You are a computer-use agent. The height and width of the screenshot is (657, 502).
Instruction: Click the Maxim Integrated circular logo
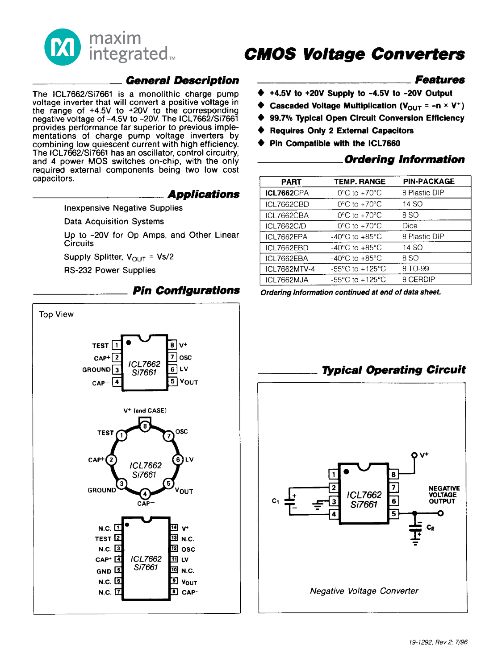63,47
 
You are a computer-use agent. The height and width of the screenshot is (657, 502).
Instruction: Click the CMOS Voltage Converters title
354,54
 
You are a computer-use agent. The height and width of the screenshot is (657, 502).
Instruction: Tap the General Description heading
182,81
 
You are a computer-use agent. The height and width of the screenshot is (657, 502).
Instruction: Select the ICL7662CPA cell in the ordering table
287,193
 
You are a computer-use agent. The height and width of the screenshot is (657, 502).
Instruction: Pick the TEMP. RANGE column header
360,182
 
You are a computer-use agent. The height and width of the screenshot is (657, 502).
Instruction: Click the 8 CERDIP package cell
418,280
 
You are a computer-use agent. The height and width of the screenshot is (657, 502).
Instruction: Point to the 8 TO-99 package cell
415,269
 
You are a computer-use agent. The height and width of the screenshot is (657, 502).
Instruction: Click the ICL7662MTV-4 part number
290,269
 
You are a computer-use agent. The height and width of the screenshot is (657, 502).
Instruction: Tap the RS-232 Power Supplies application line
110,270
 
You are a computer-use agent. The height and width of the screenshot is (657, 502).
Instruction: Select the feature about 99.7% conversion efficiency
367,118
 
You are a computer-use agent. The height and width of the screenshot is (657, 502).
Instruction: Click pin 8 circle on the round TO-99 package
145,426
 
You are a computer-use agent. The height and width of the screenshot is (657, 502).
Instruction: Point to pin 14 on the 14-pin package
174,528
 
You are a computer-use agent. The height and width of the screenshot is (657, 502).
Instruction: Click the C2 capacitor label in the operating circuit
431,528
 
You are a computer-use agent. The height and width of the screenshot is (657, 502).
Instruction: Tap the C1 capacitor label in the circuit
276,501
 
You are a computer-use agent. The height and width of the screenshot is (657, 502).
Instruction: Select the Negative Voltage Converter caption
364,591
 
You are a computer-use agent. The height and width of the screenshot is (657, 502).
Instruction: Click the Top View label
56,314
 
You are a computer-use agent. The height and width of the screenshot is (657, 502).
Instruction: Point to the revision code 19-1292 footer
438,642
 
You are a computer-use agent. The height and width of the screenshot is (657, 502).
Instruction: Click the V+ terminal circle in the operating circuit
414,455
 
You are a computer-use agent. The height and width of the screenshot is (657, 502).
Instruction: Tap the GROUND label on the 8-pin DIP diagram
96,370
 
